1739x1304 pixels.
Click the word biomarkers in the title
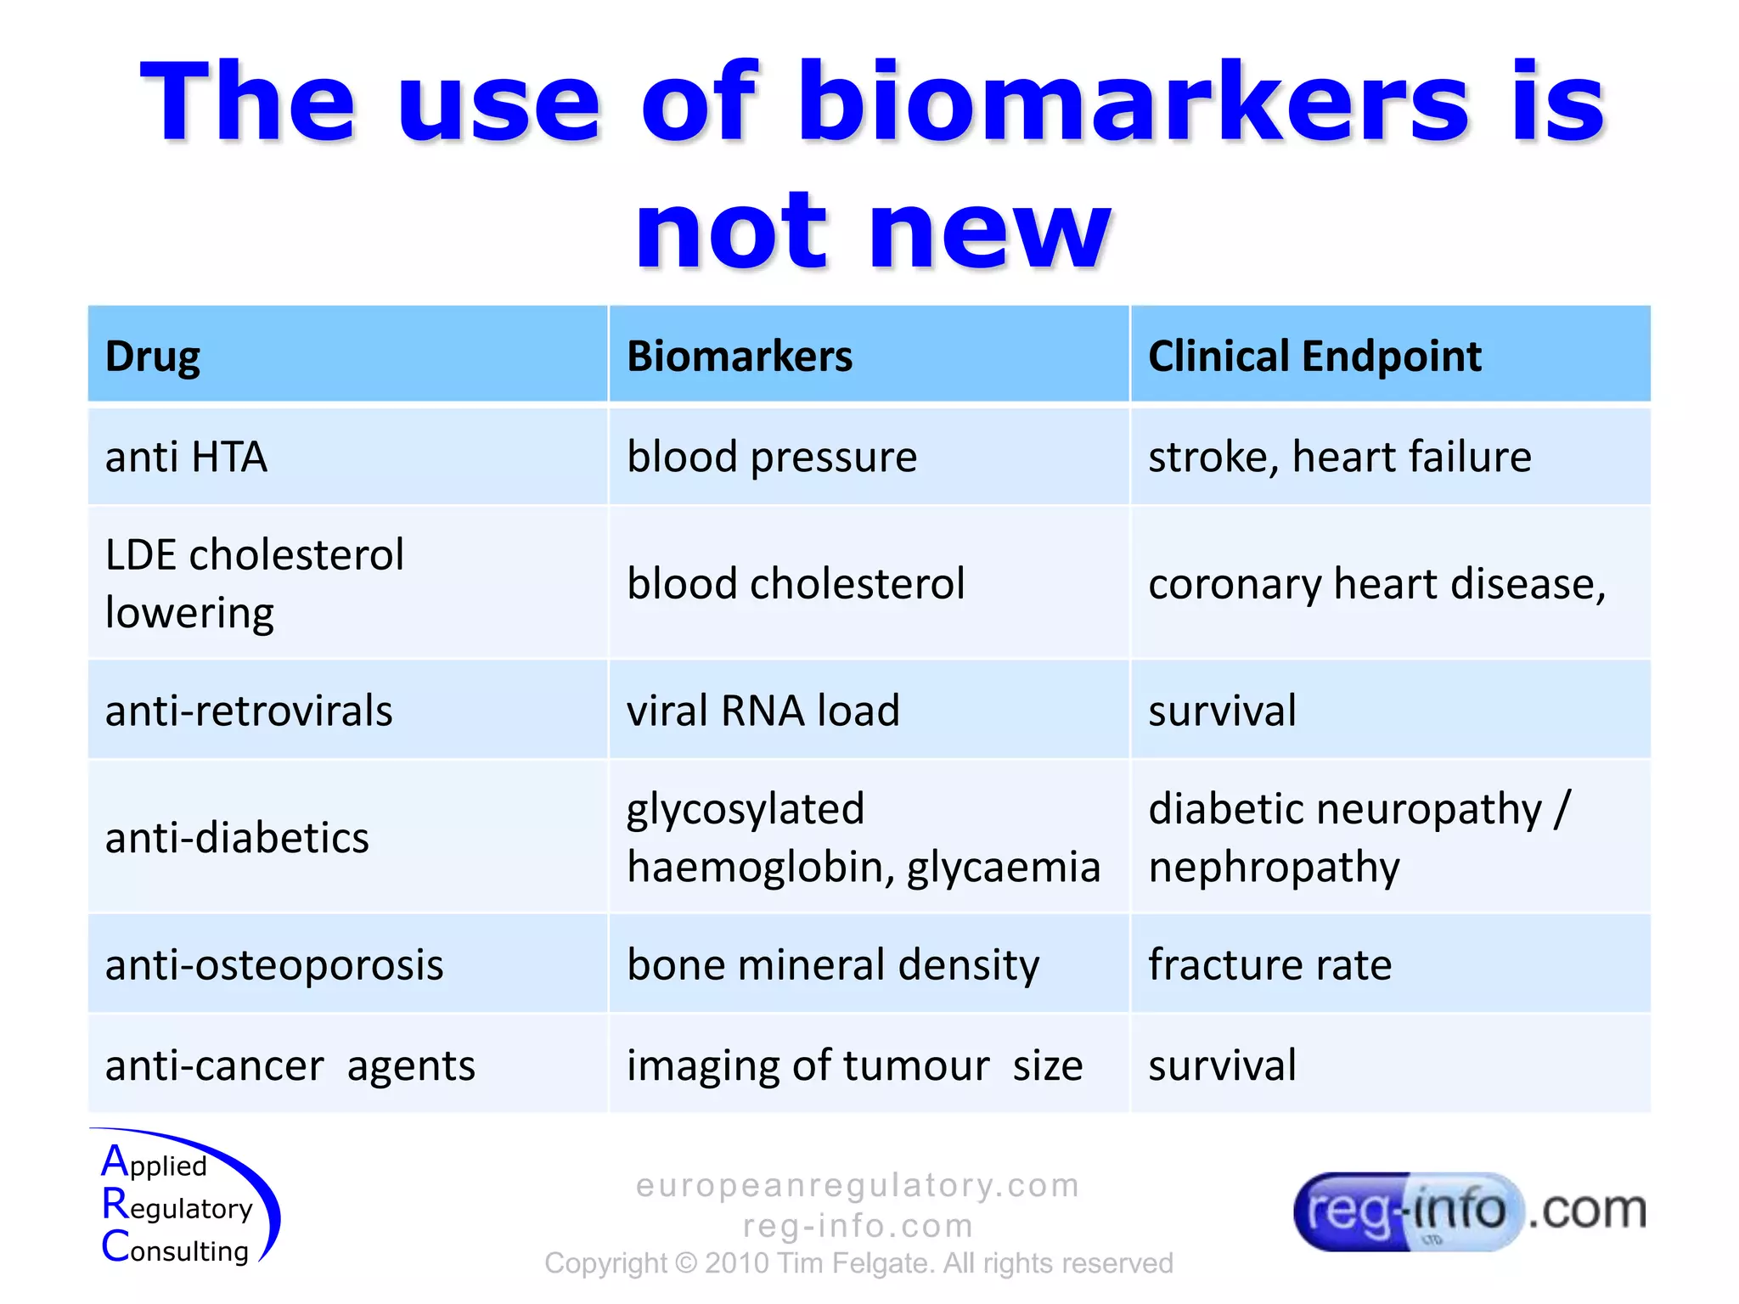coord(1134,102)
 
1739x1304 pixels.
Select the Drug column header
coord(153,356)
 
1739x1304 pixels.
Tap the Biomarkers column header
coord(739,356)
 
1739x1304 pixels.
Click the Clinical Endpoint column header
coord(1314,356)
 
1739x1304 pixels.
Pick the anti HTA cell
coord(186,457)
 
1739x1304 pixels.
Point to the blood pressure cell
coord(771,457)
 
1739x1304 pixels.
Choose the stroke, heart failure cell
coord(1339,457)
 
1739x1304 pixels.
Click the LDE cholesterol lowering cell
coord(255,583)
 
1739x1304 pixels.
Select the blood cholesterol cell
coord(796,583)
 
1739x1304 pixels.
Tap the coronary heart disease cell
coord(1376,583)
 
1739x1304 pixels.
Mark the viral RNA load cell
coord(763,710)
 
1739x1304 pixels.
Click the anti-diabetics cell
coord(237,837)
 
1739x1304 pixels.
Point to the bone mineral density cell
coord(832,964)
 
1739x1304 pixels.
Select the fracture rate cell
coord(1269,964)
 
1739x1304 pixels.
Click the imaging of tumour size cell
coord(854,1065)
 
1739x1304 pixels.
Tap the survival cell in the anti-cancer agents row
coord(1222,1065)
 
